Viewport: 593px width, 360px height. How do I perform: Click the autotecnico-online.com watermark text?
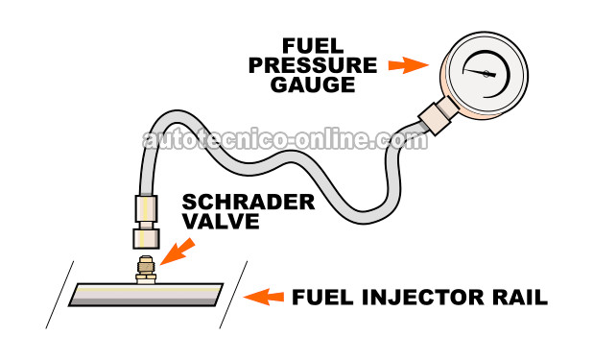pyautogui.click(x=283, y=141)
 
